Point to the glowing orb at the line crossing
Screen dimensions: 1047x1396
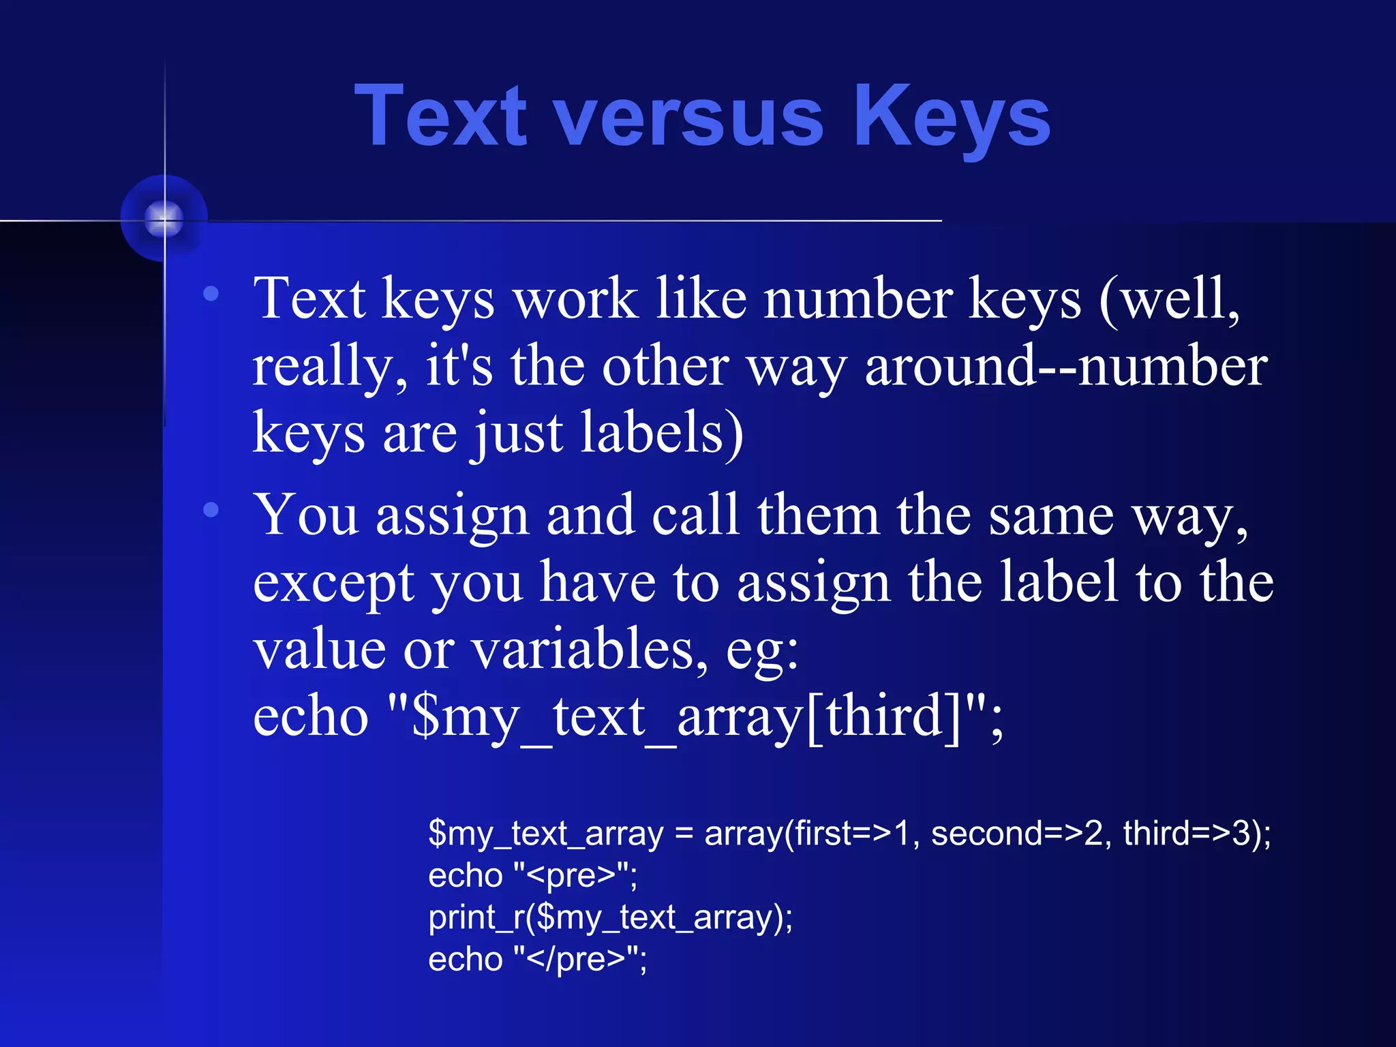(164, 219)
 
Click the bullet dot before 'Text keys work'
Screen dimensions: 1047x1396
(211, 293)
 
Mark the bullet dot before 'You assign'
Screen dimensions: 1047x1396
(211, 509)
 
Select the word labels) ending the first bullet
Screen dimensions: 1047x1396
(661, 433)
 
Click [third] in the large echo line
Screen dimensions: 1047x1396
(883, 717)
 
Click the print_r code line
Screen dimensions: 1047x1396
(610, 917)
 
